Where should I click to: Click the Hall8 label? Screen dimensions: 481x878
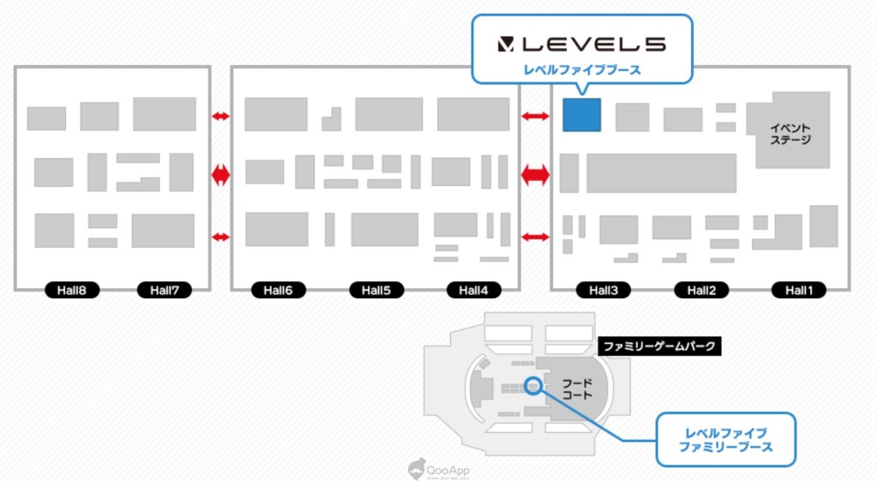(72, 291)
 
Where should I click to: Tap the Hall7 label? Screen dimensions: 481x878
(164, 291)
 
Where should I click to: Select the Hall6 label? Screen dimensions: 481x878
(278, 291)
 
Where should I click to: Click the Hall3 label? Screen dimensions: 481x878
(603, 291)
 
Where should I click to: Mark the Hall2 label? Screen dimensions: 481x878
(701, 291)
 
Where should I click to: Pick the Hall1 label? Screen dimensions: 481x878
(798, 291)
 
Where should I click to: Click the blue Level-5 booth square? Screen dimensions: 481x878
(581, 115)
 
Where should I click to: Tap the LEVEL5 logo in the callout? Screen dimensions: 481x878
(581, 44)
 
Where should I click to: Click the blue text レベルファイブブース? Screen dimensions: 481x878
(581, 70)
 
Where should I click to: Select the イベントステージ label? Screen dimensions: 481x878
(791, 133)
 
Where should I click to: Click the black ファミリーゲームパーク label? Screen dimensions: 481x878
(658, 347)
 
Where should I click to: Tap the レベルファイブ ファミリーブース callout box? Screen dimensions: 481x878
(725, 440)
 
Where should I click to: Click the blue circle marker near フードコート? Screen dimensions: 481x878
(534, 386)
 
